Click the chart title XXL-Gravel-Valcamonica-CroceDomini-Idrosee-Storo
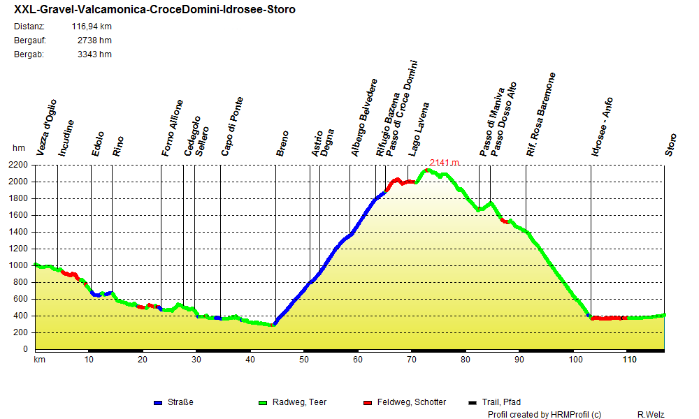(x=154, y=10)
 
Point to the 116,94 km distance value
(x=92, y=27)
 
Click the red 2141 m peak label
(x=445, y=163)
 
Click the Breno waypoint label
(x=282, y=143)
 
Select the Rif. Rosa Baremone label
(x=541, y=114)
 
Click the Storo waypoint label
(x=670, y=145)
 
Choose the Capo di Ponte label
(x=232, y=126)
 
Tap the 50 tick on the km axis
(x=304, y=360)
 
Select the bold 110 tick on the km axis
(x=630, y=360)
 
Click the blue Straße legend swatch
(x=158, y=402)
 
